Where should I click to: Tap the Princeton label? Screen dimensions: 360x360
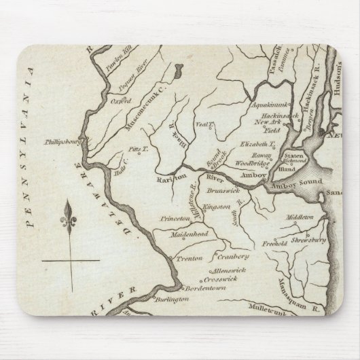(174, 219)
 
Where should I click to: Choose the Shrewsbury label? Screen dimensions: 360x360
(311, 239)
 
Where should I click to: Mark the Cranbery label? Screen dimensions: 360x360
(234, 257)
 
